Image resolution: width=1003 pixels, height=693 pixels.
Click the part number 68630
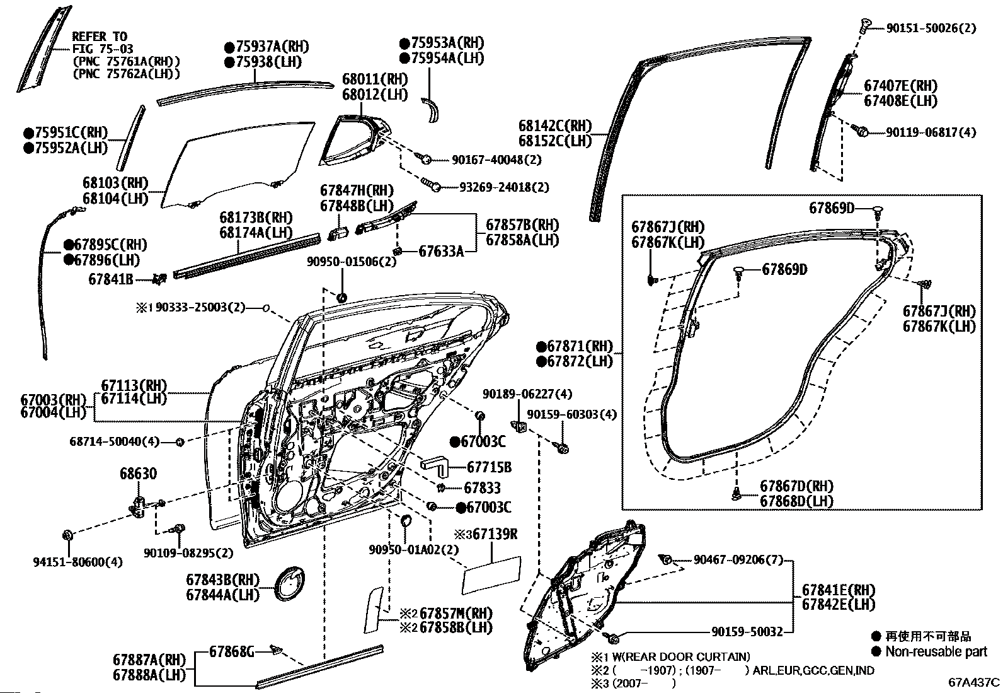coord(139,474)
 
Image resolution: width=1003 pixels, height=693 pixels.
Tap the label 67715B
coord(489,467)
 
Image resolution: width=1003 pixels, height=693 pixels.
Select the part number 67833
coord(482,487)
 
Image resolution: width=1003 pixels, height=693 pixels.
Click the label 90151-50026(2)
coord(931,28)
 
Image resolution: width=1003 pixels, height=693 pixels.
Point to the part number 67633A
coord(441,252)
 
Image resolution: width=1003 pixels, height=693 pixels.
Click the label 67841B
coord(111,279)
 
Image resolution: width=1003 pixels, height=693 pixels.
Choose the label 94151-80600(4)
coord(78,562)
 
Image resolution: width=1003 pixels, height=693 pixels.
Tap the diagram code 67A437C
coord(974,682)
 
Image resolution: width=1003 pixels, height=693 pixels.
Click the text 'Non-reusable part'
coord(936,651)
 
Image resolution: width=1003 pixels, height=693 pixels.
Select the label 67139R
coord(492,534)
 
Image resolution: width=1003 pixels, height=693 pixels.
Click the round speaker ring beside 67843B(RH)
coord(289,583)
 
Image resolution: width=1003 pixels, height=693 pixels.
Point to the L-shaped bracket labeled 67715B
coord(434,466)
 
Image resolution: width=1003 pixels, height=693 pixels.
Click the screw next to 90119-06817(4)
coord(861,131)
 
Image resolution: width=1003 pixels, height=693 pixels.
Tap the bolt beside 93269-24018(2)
coord(431,185)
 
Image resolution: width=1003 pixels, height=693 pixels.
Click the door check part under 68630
coord(138,506)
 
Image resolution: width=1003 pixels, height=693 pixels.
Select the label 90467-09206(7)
coord(738,559)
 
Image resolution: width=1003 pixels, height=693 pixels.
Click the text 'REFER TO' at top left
coord(100,37)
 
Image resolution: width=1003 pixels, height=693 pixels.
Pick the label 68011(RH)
coord(375,79)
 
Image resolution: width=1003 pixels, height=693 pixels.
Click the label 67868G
coord(231,651)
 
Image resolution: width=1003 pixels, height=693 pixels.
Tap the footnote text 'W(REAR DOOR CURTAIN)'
coord(681,656)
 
